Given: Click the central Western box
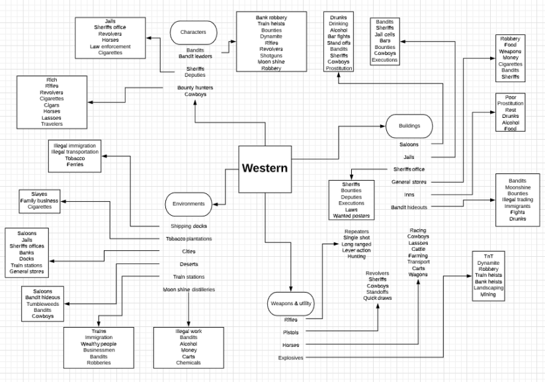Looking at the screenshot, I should point(265,168).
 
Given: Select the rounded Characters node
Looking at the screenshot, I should point(193,32).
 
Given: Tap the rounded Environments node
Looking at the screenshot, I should point(189,203).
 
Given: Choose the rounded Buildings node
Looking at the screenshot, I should point(409,125).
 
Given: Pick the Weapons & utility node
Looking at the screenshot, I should point(291,303).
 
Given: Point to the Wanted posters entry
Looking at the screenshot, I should point(351,216).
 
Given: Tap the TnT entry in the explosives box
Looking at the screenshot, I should point(488,256).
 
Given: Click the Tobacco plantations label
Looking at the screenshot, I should point(189,238).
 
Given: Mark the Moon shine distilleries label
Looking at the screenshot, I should point(189,289).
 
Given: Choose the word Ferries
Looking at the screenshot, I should point(74,165).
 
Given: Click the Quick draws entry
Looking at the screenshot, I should point(378,298).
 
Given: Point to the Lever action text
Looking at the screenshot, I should point(356,250).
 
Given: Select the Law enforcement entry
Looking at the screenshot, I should point(110,46).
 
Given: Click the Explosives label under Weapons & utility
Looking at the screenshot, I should point(291,358).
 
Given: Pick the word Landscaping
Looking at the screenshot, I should point(488,288).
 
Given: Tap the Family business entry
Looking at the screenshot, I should point(39,200).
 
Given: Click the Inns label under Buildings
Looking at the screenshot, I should point(409,195).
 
